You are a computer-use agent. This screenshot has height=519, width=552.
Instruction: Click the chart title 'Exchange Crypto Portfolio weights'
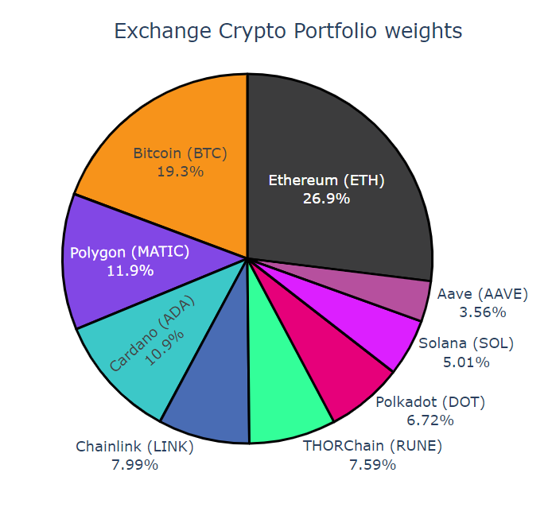pyautogui.click(x=287, y=32)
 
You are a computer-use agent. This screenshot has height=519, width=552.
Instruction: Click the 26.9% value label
pyautogui.click(x=326, y=198)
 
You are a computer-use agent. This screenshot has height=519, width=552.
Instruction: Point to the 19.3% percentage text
pyautogui.click(x=180, y=171)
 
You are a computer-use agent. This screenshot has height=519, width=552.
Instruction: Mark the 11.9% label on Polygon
pyautogui.click(x=130, y=270)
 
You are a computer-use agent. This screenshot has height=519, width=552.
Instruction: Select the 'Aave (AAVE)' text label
pyautogui.click(x=483, y=294)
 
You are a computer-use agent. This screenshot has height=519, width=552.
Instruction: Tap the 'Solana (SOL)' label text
pyautogui.click(x=466, y=344)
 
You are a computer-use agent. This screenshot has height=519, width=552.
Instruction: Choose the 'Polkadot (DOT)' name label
pyautogui.click(x=430, y=401)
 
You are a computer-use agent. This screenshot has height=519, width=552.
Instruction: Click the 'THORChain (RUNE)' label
pyautogui.click(x=372, y=446)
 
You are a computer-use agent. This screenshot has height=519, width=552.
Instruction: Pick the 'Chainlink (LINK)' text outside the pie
pyautogui.click(x=134, y=446)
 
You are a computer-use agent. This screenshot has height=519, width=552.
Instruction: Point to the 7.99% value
pyautogui.click(x=134, y=464)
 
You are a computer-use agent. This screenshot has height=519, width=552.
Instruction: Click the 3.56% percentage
pyautogui.click(x=483, y=312)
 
